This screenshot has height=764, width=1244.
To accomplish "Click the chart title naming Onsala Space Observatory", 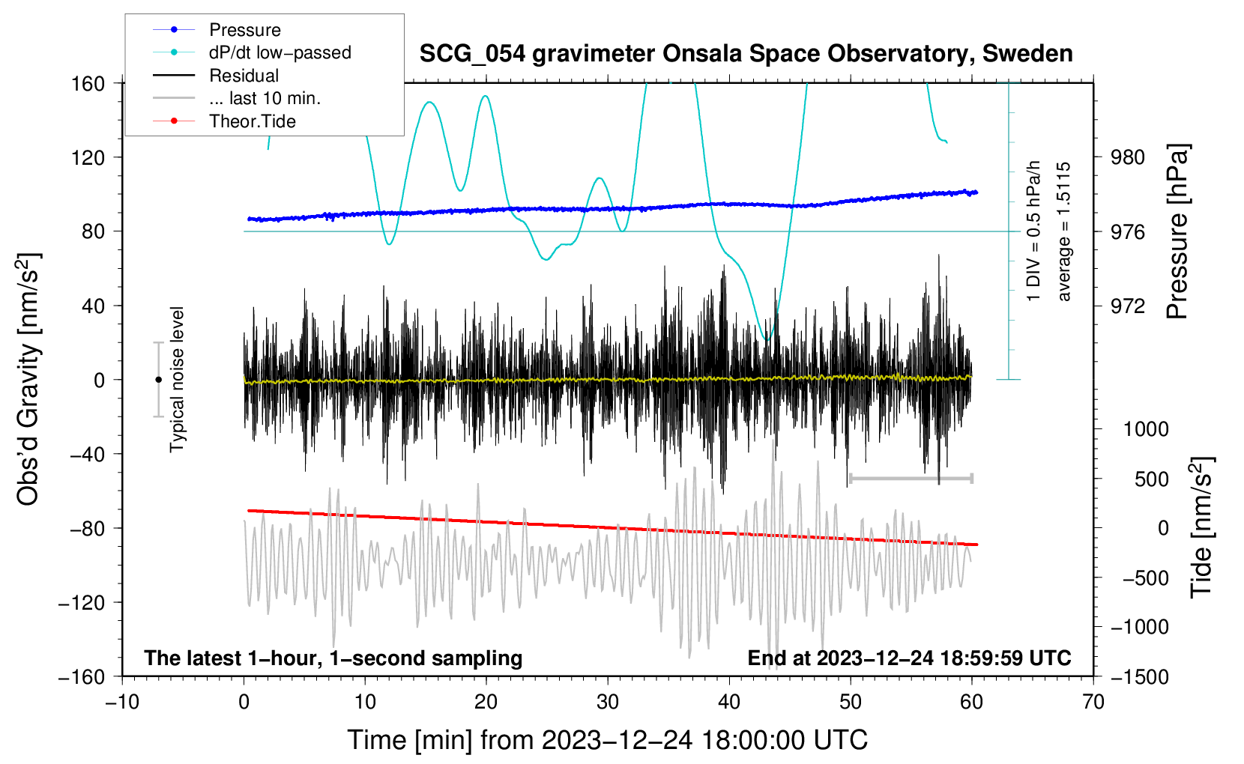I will [x=746, y=54].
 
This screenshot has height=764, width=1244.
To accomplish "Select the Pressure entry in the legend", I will [x=244, y=30].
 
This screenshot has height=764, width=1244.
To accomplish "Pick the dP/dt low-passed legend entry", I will [x=280, y=52].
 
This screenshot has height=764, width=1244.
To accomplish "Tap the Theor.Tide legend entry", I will [x=252, y=121].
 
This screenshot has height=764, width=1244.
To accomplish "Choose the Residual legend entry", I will [x=244, y=76].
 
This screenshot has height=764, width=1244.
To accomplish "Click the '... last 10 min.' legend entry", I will [x=265, y=98].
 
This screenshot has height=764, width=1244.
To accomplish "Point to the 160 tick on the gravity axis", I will [x=88, y=83].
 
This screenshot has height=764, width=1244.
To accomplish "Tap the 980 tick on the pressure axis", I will [x=1128, y=157].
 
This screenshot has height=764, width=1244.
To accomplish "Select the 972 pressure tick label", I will [x=1128, y=306].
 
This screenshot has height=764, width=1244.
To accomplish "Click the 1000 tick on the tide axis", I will [x=1145, y=429].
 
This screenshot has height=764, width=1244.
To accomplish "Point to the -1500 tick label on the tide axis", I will [x=1139, y=676].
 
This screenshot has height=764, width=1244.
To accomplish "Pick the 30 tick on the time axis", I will [x=608, y=702].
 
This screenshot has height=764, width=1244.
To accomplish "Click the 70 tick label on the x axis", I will [x=1093, y=702].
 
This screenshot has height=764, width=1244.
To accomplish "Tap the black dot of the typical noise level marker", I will [x=158, y=380].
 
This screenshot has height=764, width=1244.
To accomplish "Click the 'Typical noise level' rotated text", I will [x=177, y=379].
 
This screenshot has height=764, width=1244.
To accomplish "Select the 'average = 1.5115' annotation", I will [x=1064, y=232].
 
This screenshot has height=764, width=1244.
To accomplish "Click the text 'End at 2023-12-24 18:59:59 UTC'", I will [x=909, y=658].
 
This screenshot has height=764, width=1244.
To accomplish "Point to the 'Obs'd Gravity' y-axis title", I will [x=28, y=379].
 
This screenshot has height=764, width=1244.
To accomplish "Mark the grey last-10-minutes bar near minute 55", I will [x=911, y=478].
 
